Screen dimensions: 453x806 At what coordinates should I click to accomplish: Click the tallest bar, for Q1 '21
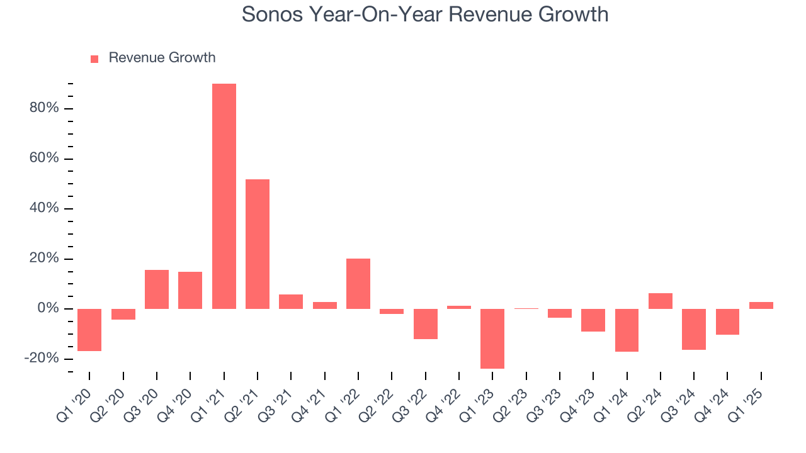click(x=224, y=196)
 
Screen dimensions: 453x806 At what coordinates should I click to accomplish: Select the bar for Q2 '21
click(x=258, y=244)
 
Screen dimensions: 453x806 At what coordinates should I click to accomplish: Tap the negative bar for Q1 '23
click(x=492, y=338)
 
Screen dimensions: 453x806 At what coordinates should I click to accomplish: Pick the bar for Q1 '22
click(x=358, y=284)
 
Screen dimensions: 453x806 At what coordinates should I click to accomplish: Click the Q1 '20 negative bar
click(x=89, y=330)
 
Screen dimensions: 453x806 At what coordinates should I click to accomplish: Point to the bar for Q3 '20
click(x=157, y=289)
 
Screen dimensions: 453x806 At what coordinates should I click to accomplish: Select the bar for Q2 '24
click(x=660, y=301)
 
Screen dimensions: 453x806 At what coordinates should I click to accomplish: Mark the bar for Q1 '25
click(x=761, y=305)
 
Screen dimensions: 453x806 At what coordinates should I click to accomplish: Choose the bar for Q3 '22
click(x=425, y=324)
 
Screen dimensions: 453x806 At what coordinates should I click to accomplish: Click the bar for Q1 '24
click(x=627, y=330)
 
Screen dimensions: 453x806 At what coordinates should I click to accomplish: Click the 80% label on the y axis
click(x=44, y=108)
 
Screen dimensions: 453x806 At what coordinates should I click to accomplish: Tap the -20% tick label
click(x=42, y=359)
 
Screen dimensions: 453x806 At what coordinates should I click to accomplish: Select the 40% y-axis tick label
click(x=44, y=209)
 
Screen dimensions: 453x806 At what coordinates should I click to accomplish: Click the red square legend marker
click(x=94, y=59)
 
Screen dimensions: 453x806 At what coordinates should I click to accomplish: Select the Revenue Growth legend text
click(x=162, y=58)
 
